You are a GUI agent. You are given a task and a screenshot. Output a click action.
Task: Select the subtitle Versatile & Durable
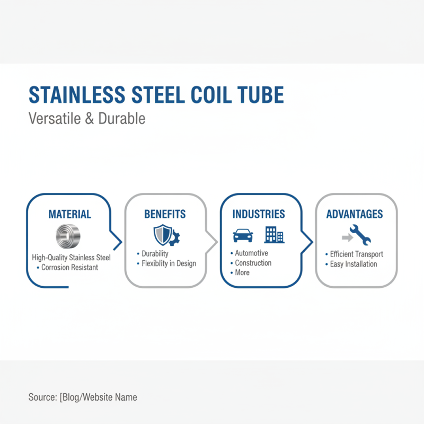coord(86,118)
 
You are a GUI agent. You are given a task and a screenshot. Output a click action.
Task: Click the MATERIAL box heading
coord(70,215)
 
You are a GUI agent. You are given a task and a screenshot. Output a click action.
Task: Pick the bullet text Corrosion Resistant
coord(70,267)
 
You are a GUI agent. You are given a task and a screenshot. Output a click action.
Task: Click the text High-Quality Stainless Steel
coord(71,258)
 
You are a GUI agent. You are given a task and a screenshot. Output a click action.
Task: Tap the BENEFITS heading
coord(165,214)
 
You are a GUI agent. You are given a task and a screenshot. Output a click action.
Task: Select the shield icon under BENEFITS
coord(161,234)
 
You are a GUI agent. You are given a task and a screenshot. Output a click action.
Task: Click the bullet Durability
coord(155,254)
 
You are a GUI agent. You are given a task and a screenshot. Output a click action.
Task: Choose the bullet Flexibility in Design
coord(169,263)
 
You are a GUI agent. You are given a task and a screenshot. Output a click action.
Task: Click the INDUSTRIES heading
coord(259,214)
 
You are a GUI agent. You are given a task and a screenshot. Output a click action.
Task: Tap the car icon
coord(243,234)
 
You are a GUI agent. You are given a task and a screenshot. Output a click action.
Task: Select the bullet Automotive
coord(252,253)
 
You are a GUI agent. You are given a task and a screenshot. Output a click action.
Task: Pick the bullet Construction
coord(253,263)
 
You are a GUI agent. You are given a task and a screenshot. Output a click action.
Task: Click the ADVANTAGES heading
coord(355,214)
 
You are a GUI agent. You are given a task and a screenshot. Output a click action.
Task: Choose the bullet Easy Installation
coord(354,264)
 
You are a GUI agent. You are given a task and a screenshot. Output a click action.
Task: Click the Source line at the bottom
coord(83,397)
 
